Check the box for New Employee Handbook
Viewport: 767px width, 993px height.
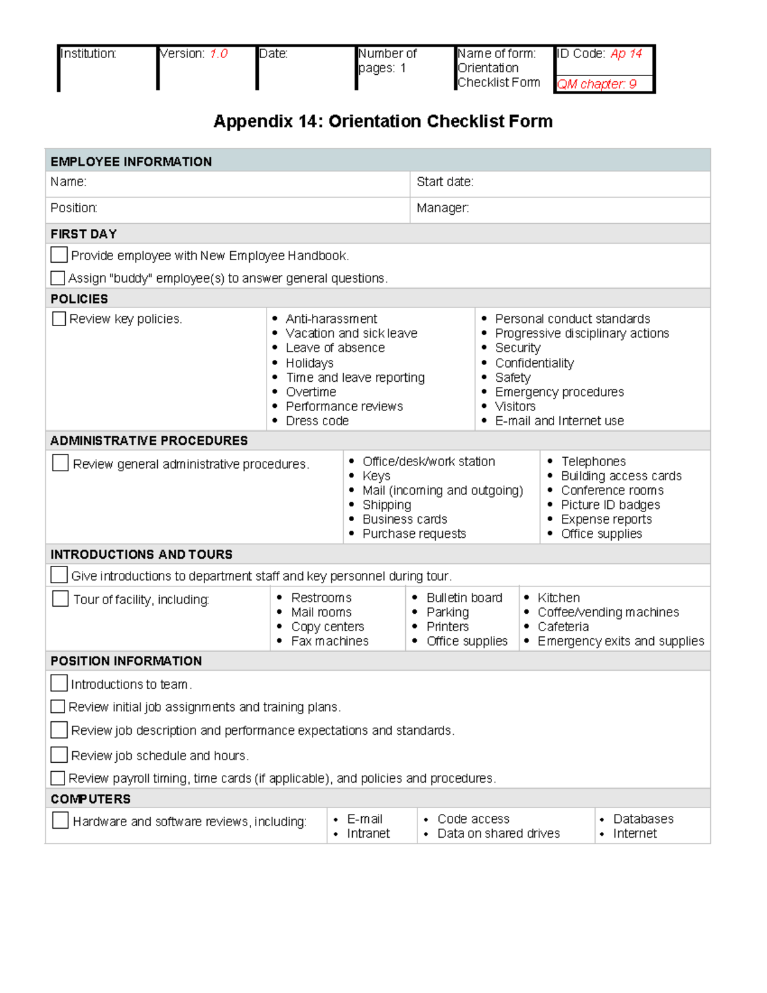[59, 254]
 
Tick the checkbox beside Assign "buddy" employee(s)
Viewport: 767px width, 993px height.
[58, 278]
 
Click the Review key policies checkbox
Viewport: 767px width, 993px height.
[59, 318]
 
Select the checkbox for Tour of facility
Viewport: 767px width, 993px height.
[60, 598]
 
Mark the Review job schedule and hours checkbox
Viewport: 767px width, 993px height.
[59, 755]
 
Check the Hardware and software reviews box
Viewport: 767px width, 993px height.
[60, 820]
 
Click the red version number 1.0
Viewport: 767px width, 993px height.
[219, 54]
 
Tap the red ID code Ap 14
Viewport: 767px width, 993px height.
[626, 54]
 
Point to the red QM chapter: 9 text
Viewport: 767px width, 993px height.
[596, 84]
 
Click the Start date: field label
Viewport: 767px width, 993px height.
[445, 182]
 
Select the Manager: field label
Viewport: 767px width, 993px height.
[442, 208]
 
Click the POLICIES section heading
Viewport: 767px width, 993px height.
[79, 299]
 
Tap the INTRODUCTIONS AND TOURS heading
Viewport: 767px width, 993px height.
[141, 554]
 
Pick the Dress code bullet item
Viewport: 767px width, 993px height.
[317, 421]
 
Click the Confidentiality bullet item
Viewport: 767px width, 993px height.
[534, 363]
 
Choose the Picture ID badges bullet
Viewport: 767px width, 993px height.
[610, 505]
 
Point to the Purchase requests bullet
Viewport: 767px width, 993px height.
[414, 534]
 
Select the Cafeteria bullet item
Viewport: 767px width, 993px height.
[563, 627]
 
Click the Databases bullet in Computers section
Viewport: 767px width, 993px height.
[643, 819]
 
